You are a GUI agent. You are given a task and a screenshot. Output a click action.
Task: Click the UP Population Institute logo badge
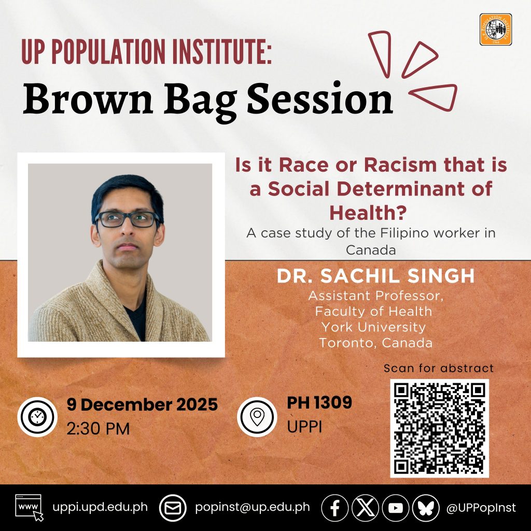click(495, 30)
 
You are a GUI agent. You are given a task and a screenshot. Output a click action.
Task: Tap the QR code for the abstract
click(439, 428)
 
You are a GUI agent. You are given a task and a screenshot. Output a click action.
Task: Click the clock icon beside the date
click(37, 417)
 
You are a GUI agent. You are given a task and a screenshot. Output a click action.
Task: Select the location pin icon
click(257, 417)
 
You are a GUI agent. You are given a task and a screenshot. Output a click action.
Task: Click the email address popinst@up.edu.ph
click(253, 507)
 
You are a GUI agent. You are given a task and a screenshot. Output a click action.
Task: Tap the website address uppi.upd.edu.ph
click(100, 507)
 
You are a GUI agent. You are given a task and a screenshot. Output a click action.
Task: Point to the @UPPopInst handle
click(481, 508)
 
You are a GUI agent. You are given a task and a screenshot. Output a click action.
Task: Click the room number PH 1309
click(319, 403)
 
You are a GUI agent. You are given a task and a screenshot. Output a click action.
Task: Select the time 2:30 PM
click(98, 429)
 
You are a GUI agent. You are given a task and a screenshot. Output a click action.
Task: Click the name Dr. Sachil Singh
click(375, 276)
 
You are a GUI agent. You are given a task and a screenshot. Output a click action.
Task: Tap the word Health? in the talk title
click(368, 213)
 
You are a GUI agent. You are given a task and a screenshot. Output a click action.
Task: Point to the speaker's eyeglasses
click(128, 219)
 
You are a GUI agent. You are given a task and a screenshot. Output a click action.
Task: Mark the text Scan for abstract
click(439, 368)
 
